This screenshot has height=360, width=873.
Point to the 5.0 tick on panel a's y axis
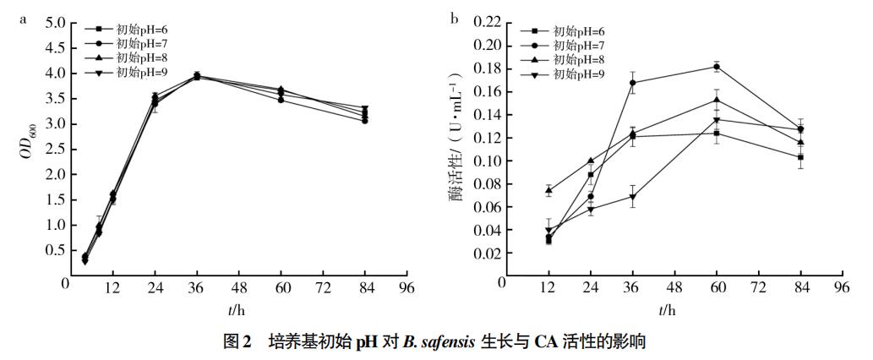click(x=56, y=23)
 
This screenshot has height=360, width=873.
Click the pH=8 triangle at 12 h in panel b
click(x=548, y=190)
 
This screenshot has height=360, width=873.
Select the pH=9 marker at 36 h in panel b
click(x=632, y=197)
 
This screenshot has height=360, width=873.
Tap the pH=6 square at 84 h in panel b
click(x=799, y=157)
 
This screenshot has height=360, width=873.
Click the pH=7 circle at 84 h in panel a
click(x=364, y=121)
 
